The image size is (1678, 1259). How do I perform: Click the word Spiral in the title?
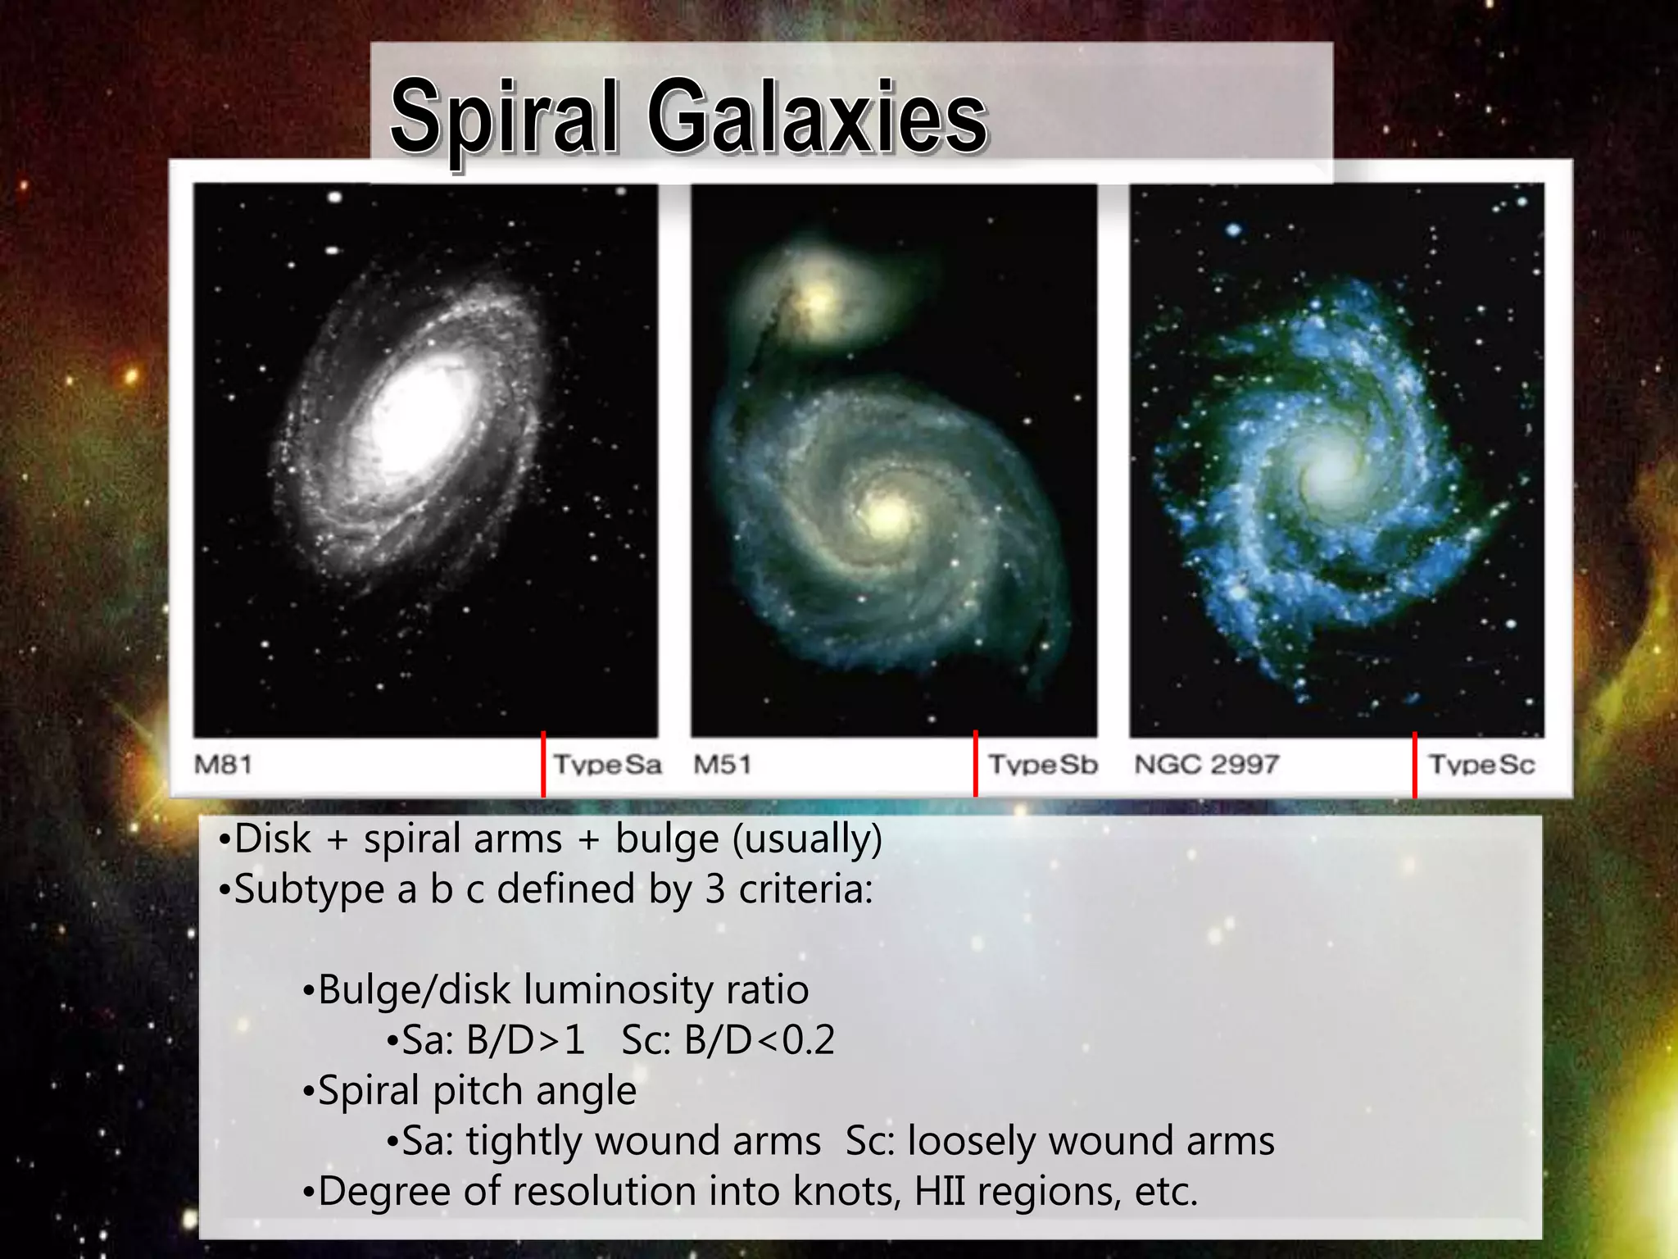point(503,117)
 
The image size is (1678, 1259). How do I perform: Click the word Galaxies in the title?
point(817,117)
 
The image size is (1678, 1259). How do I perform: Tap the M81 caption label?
point(223,765)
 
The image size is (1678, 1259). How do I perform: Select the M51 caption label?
point(722,765)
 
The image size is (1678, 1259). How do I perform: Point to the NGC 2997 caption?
point(1206,765)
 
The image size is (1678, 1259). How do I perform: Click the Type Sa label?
point(607,765)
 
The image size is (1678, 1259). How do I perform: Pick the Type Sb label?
point(1042,765)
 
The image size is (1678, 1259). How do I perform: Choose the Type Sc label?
point(1481,765)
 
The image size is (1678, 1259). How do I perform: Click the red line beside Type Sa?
point(543,764)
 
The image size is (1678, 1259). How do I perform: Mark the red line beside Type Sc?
point(1415,764)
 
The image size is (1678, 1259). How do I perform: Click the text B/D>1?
point(525,1040)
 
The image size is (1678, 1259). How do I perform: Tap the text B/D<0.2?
point(759,1040)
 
